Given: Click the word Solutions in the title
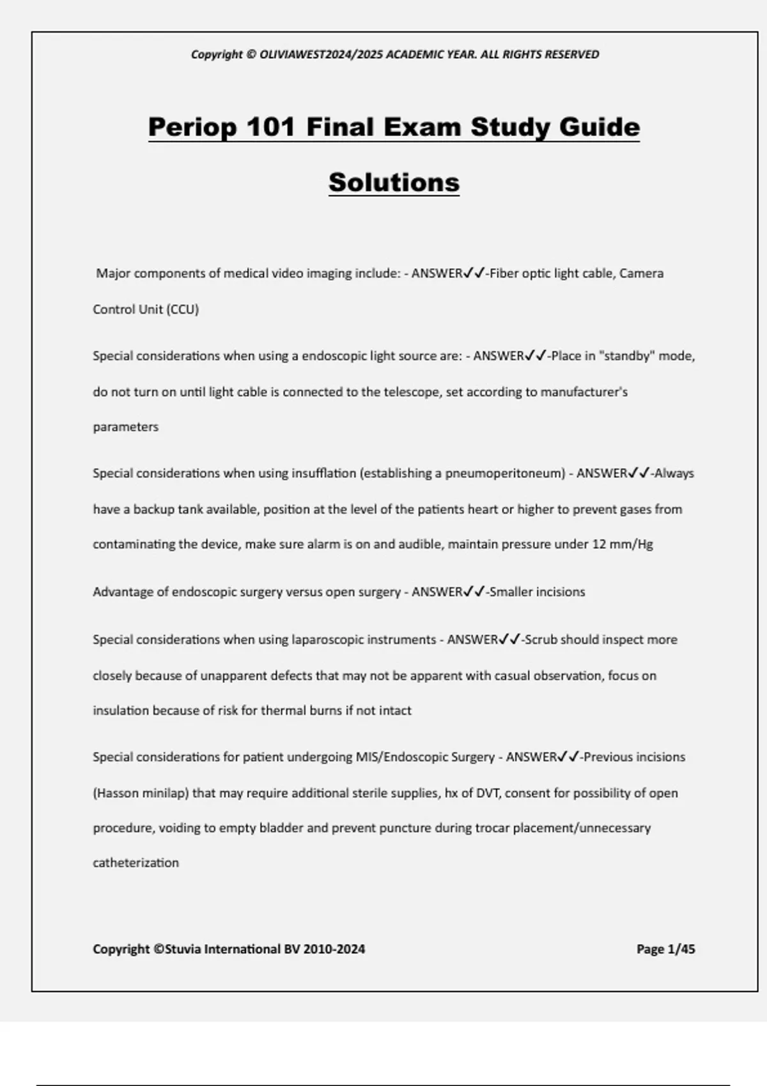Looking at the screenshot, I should click(394, 183).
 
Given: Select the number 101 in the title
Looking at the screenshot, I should click(270, 126).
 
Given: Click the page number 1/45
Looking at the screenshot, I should click(681, 949).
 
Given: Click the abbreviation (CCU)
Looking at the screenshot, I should click(183, 310).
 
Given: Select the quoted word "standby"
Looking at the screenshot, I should click(626, 356).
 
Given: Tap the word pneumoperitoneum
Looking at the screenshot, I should click(505, 473).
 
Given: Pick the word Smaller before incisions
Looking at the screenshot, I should click(511, 592).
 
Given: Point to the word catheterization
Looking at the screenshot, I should click(136, 863).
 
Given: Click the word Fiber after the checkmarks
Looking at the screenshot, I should click(504, 273).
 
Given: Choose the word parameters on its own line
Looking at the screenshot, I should click(126, 427).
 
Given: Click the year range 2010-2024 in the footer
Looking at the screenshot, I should click(334, 949).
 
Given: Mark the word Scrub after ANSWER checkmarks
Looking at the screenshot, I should click(541, 639).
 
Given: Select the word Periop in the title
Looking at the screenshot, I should click(192, 126).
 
